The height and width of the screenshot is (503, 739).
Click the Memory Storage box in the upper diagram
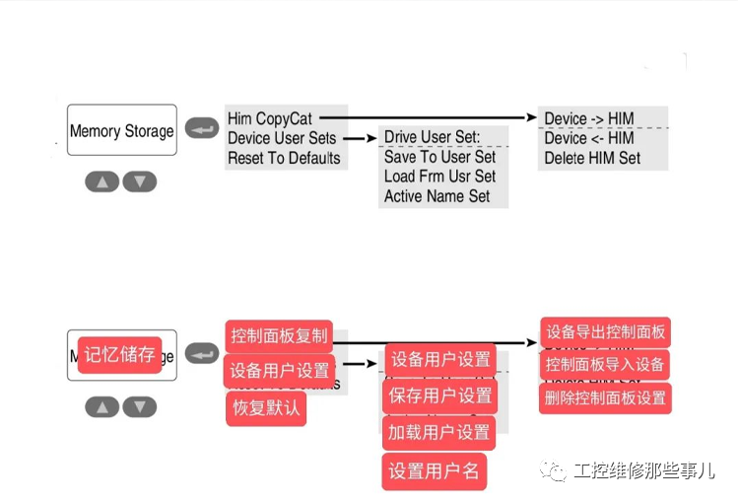[122, 130]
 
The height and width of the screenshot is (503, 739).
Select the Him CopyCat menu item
[270, 119]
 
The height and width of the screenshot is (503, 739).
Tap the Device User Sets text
[282, 139]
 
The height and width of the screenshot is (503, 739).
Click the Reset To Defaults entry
[284, 158]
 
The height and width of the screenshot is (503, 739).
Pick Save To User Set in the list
[439, 157]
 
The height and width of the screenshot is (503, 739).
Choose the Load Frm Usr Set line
[439, 177]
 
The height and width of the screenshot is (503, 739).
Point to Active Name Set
[437, 196]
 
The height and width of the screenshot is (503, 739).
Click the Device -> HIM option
[589, 119]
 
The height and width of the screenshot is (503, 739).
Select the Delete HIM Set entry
[592, 158]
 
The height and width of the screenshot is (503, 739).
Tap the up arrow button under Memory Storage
[102, 181]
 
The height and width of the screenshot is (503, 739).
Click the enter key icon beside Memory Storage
[201, 129]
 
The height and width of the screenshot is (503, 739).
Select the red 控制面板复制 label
[279, 335]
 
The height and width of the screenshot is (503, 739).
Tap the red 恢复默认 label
[266, 408]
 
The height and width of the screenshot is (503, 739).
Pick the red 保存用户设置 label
[440, 395]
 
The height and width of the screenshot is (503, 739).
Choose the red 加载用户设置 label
[439, 432]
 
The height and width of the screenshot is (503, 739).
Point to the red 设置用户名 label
[434, 470]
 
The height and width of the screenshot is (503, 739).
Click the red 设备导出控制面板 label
[605, 332]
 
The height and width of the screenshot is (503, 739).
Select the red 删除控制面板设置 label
[605, 398]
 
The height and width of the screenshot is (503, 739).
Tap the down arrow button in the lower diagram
[140, 406]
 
